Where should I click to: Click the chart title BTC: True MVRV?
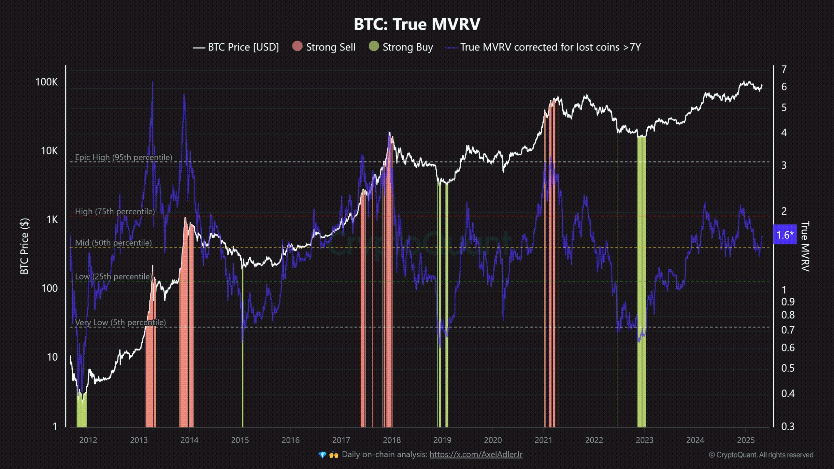click(x=417, y=24)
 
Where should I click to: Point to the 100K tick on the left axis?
click(x=47, y=82)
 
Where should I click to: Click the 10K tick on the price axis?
click(x=49, y=151)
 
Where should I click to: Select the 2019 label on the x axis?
click(x=442, y=440)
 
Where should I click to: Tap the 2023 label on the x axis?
click(x=644, y=440)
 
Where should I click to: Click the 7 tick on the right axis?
click(x=784, y=69)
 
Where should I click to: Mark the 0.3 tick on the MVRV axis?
click(x=788, y=426)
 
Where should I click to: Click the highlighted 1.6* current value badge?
click(x=785, y=235)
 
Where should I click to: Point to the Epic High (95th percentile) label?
click(x=123, y=157)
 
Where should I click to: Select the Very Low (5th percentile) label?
click(x=120, y=322)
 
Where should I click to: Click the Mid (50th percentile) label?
click(x=113, y=243)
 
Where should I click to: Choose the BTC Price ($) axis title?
click(x=25, y=246)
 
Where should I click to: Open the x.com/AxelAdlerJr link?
click(x=476, y=454)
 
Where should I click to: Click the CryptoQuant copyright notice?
click(x=761, y=455)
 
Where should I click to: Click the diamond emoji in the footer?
click(x=322, y=455)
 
